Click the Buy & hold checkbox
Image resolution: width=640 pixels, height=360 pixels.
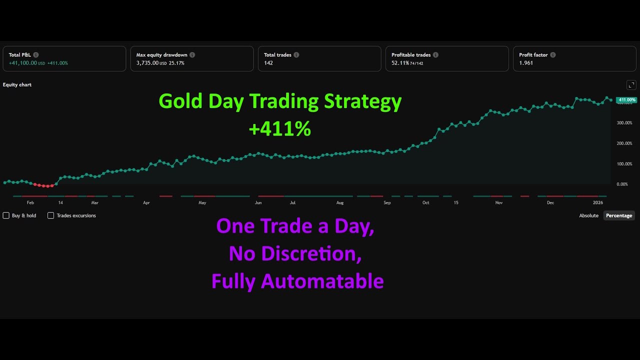coord(6,215)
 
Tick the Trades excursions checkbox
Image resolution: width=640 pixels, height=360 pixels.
coord(50,215)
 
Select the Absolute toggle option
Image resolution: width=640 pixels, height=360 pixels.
coord(588,215)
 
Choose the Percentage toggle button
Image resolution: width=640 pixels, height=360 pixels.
coord(619,215)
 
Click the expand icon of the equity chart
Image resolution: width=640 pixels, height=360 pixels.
coord(631,85)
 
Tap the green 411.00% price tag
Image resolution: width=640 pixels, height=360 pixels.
coord(626,100)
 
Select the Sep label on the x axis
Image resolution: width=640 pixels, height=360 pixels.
coord(387,203)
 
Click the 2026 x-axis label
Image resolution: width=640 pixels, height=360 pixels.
coord(598,203)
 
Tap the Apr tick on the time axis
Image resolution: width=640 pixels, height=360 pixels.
coord(146,203)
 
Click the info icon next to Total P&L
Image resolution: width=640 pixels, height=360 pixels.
coord(36,55)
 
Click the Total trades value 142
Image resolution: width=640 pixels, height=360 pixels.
coord(268,63)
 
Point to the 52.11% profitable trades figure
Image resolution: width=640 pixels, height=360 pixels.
coord(400,63)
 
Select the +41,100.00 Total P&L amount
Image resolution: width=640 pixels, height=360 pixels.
coord(23,63)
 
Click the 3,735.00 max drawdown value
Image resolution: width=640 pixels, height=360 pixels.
coord(147,63)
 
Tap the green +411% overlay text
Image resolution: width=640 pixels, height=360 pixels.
coord(279,129)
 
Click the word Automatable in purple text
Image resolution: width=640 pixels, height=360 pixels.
coord(322,281)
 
